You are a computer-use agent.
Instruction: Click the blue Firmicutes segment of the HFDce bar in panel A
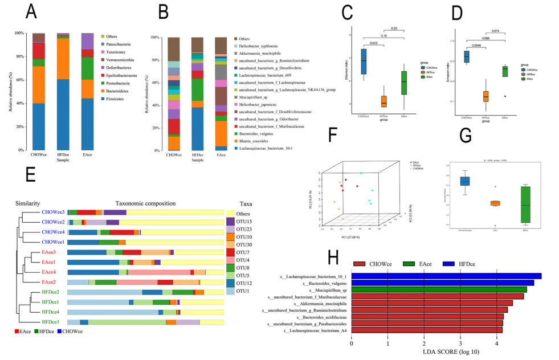tap(63, 114)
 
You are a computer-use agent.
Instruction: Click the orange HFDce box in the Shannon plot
tap(383, 101)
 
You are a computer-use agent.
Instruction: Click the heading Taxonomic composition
tap(147, 203)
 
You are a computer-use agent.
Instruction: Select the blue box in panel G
tap(465, 181)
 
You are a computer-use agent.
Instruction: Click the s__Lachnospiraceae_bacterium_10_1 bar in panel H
tap(446, 276)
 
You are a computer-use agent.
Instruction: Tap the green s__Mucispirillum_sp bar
tap(439, 289)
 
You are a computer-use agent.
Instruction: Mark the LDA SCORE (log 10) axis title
tap(447, 352)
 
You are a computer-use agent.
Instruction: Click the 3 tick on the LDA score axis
tap(460, 343)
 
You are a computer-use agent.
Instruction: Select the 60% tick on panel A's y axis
tap(21, 80)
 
